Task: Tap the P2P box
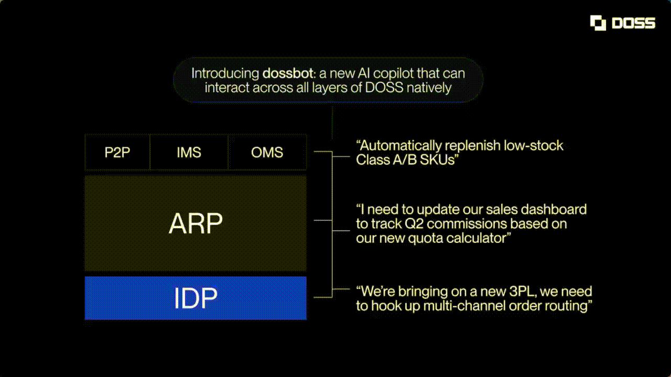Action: pyautogui.click(x=117, y=152)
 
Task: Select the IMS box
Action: pyautogui.click(x=189, y=152)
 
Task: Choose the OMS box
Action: pyautogui.click(x=267, y=152)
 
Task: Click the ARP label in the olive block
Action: pyautogui.click(x=196, y=224)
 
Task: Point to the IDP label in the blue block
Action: pyautogui.click(x=196, y=298)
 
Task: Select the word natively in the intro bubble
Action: pyautogui.click(x=429, y=87)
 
